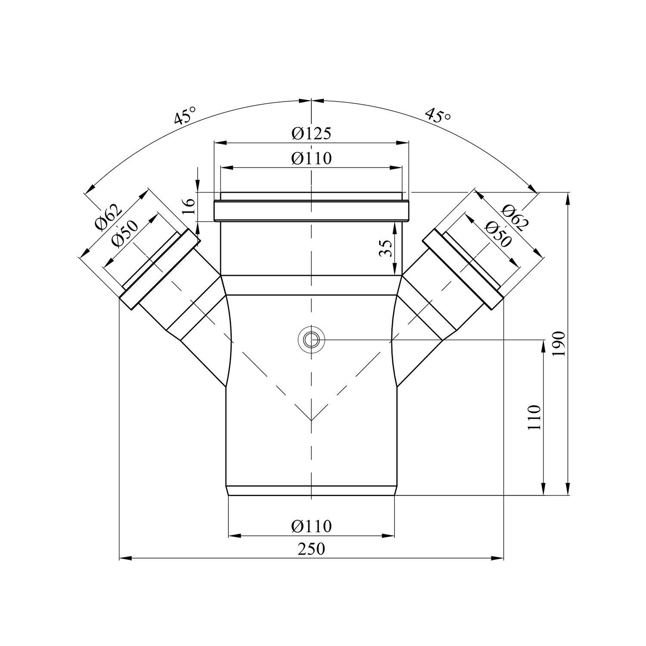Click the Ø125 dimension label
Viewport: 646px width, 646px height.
tap(311, 134)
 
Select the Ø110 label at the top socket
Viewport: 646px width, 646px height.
tap(311, 158)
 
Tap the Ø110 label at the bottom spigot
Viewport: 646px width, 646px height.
tap(311, 526)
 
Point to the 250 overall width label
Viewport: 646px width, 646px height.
tap(311, 549)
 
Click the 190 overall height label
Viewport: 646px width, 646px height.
tap(559, 344)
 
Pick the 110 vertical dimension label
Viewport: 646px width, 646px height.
tap(534, 417)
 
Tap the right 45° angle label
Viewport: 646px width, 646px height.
tap(438, 115)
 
